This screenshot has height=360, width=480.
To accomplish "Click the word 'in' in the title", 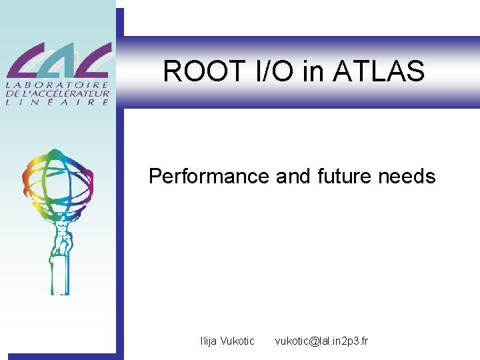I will click(x=312, y=71).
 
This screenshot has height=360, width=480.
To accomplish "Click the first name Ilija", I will click(x=211, y=341).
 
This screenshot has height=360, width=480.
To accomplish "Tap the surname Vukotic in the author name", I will click(x=239, y=341).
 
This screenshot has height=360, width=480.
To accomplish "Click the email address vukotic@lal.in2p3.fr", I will click(x=321, y=341).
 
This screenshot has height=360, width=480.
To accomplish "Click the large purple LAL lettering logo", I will click(x=59, y=61).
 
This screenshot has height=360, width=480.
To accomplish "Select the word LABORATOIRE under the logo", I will click(x=59, y=85).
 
